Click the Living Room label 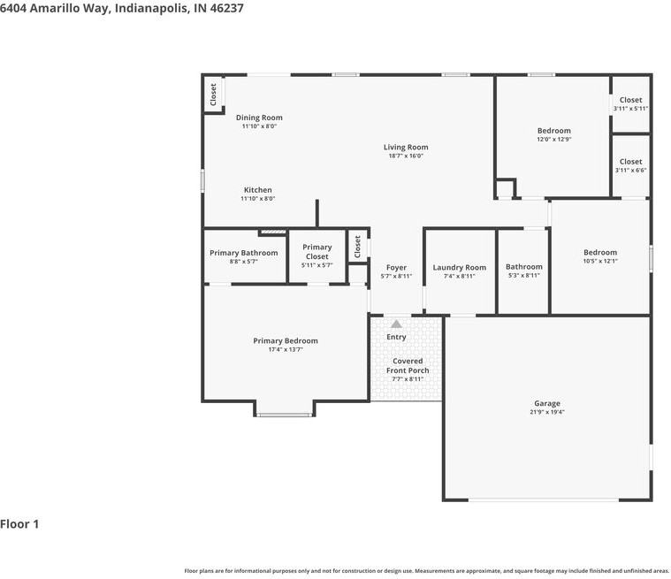tap(406, 148)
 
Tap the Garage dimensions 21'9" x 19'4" tap(547, 412)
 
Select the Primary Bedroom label tap(286, 340)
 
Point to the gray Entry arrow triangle tap(396, 324)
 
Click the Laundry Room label tap(459, 268)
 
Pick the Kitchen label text tap(257, 189)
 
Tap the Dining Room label tap(259, 118)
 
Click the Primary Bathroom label tap(243, 253)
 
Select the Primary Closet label tap(317, 252)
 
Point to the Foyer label tap(396, 268)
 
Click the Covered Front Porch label tap(408, 366)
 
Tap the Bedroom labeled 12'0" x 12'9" tap(554, 131)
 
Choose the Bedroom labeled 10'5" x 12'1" tap(600, 253)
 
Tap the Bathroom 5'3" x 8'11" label tap(523, 267)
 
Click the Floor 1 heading tap(19, 524)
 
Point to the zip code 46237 tap(226, 8)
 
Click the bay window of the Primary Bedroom tap(285, 415)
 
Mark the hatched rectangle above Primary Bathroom tap(273, 232)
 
